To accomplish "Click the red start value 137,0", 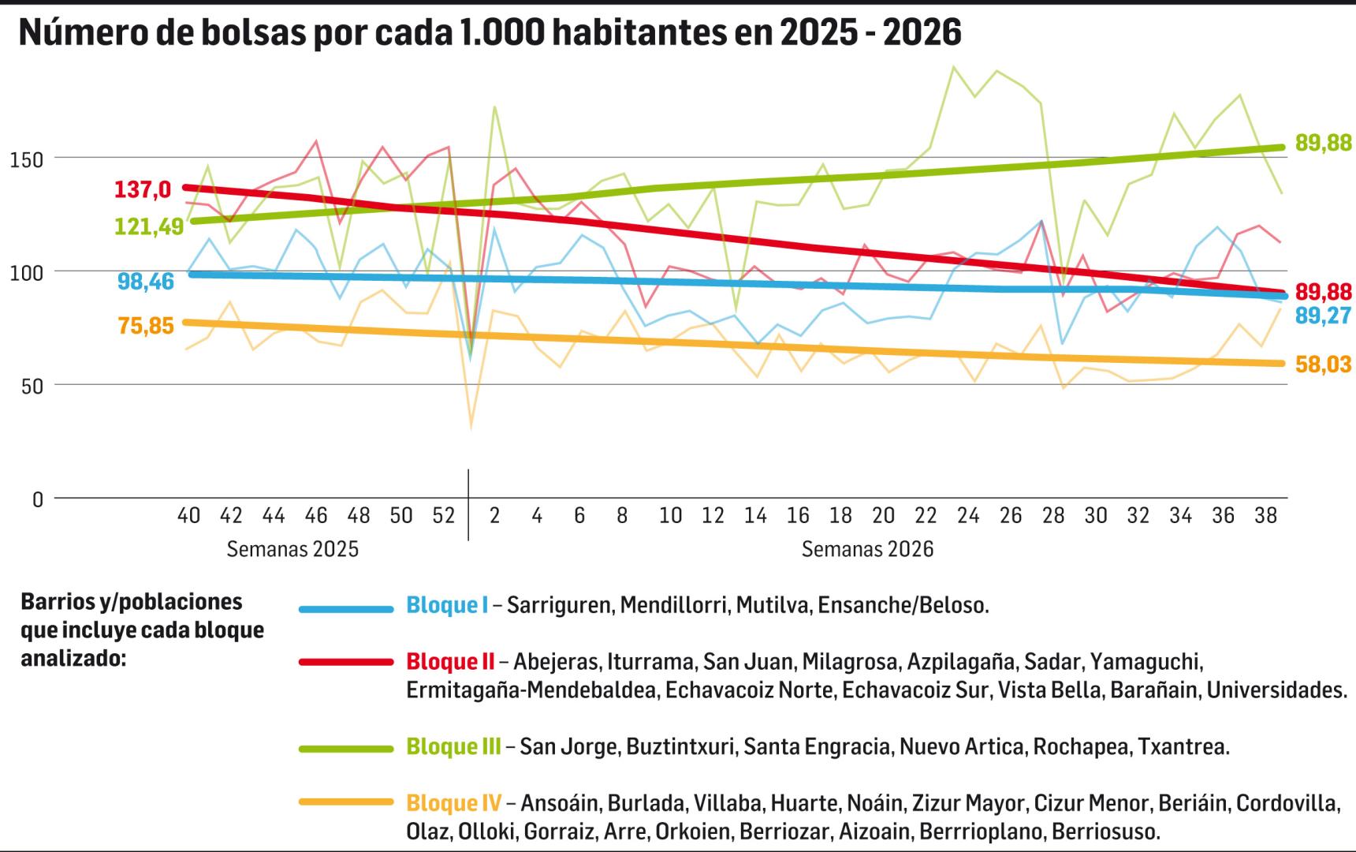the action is [143, 190].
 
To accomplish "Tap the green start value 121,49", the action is [149, 226].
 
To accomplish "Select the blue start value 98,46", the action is [146, 281].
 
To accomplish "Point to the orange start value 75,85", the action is [146, 326].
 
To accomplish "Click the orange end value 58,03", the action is [1324, 365].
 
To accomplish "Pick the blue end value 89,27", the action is [1324, 316].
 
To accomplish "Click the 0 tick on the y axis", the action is [37, 500].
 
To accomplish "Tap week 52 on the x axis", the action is [444, 516].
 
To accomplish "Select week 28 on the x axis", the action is [1053, 516].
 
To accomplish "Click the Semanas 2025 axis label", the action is [292, 549].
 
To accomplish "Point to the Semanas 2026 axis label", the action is [867, 549].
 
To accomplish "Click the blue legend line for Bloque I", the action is [346, 609].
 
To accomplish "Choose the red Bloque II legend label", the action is [450, 661].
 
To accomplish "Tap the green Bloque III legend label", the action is [453, 746].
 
